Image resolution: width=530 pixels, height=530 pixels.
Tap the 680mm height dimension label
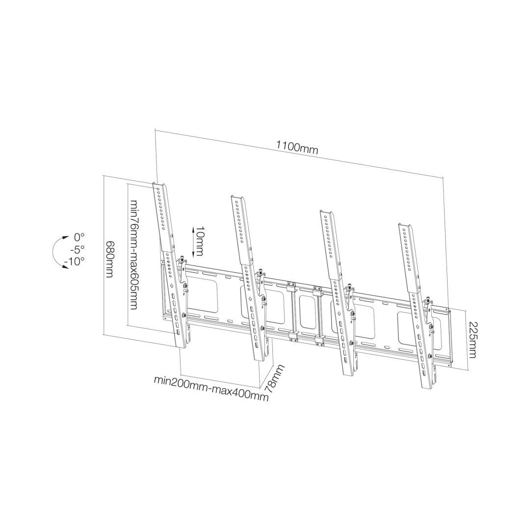[x=109, y=259]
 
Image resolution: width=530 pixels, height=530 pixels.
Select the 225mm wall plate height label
[x=472, y=339]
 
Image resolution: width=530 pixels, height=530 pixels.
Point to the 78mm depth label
[x=274, y=378]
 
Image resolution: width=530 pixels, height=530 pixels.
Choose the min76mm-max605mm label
[x=134, y=254]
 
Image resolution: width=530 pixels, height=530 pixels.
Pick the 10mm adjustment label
[x=199, y=241]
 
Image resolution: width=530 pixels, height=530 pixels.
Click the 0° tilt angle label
[x=79, y=237]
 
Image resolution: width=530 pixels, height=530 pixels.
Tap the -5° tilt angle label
[x=78, y=249]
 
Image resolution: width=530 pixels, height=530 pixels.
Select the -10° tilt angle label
[x=74, y=261]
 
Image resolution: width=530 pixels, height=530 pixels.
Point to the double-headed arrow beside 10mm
[x=192, y=241]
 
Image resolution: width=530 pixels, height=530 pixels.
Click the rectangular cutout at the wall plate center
[x=307, y=312]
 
